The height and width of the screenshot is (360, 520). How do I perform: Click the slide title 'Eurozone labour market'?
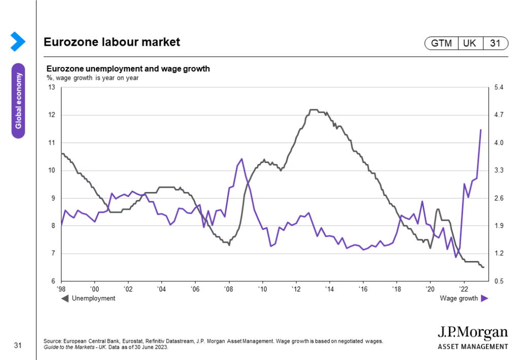(x=112, y=42)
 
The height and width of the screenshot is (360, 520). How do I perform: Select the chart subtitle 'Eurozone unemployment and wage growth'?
(x=128, y=69)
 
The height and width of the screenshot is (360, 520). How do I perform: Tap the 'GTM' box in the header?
(x=441, y=44)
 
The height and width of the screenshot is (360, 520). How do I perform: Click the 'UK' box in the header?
(x=470, y=44)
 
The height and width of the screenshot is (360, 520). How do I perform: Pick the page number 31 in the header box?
(x=495, y=44)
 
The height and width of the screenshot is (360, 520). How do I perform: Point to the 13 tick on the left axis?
(x=52, y=87)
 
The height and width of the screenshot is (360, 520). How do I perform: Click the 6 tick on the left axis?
(x=53, y=281)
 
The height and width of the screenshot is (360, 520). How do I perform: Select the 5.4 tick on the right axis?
(x=499, y=87)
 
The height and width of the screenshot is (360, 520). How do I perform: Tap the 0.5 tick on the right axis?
(x=499, y=281)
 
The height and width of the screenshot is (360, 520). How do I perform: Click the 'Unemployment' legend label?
(x=93, y=299)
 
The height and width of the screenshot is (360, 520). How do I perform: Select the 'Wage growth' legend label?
(x=459, y=299)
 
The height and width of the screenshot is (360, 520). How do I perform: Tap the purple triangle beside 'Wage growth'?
(x=484, y=299)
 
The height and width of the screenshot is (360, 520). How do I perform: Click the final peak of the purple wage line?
(x=481, y=130)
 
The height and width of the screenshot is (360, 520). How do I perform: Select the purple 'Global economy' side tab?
(x=18, y=101)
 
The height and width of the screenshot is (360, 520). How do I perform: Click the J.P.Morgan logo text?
(x=472, y=333)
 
